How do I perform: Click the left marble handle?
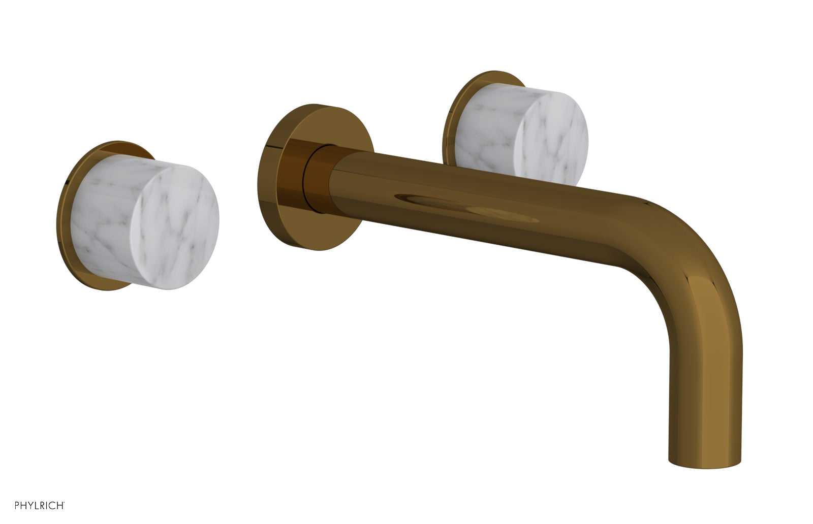147,223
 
